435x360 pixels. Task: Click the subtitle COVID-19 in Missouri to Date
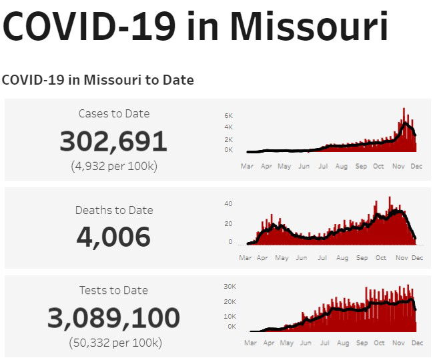tap(97, 80)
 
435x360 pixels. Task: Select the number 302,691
tap(113, 141)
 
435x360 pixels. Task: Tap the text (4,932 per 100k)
tap(114, 166)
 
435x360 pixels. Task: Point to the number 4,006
tap(113, 237)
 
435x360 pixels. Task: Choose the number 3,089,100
tap(113, 319)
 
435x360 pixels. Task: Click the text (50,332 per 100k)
tap(115, 343)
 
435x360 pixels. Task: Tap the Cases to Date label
tap(114, 114)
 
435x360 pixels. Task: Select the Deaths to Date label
tap(114, 210)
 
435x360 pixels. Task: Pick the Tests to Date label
tap(113, 290)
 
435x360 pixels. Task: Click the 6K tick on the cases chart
tap(228, 115)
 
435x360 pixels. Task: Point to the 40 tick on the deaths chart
tap(228, 203)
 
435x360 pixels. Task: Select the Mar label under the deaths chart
tap(246, 257)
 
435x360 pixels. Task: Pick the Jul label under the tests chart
tap(325, 343)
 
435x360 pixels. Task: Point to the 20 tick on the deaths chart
tap(228, 223)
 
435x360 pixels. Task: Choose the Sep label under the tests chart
tap(362, 343)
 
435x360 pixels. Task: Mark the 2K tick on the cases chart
tap(228, 139)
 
